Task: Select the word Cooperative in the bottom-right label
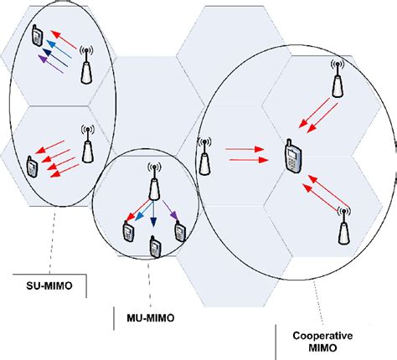tap(317, 334)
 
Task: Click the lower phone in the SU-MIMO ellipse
tap(33, 166)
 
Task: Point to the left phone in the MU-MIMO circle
tap(128, 229)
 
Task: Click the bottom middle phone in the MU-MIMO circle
tap(154, 246)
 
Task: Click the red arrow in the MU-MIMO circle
tap(139, 210)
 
